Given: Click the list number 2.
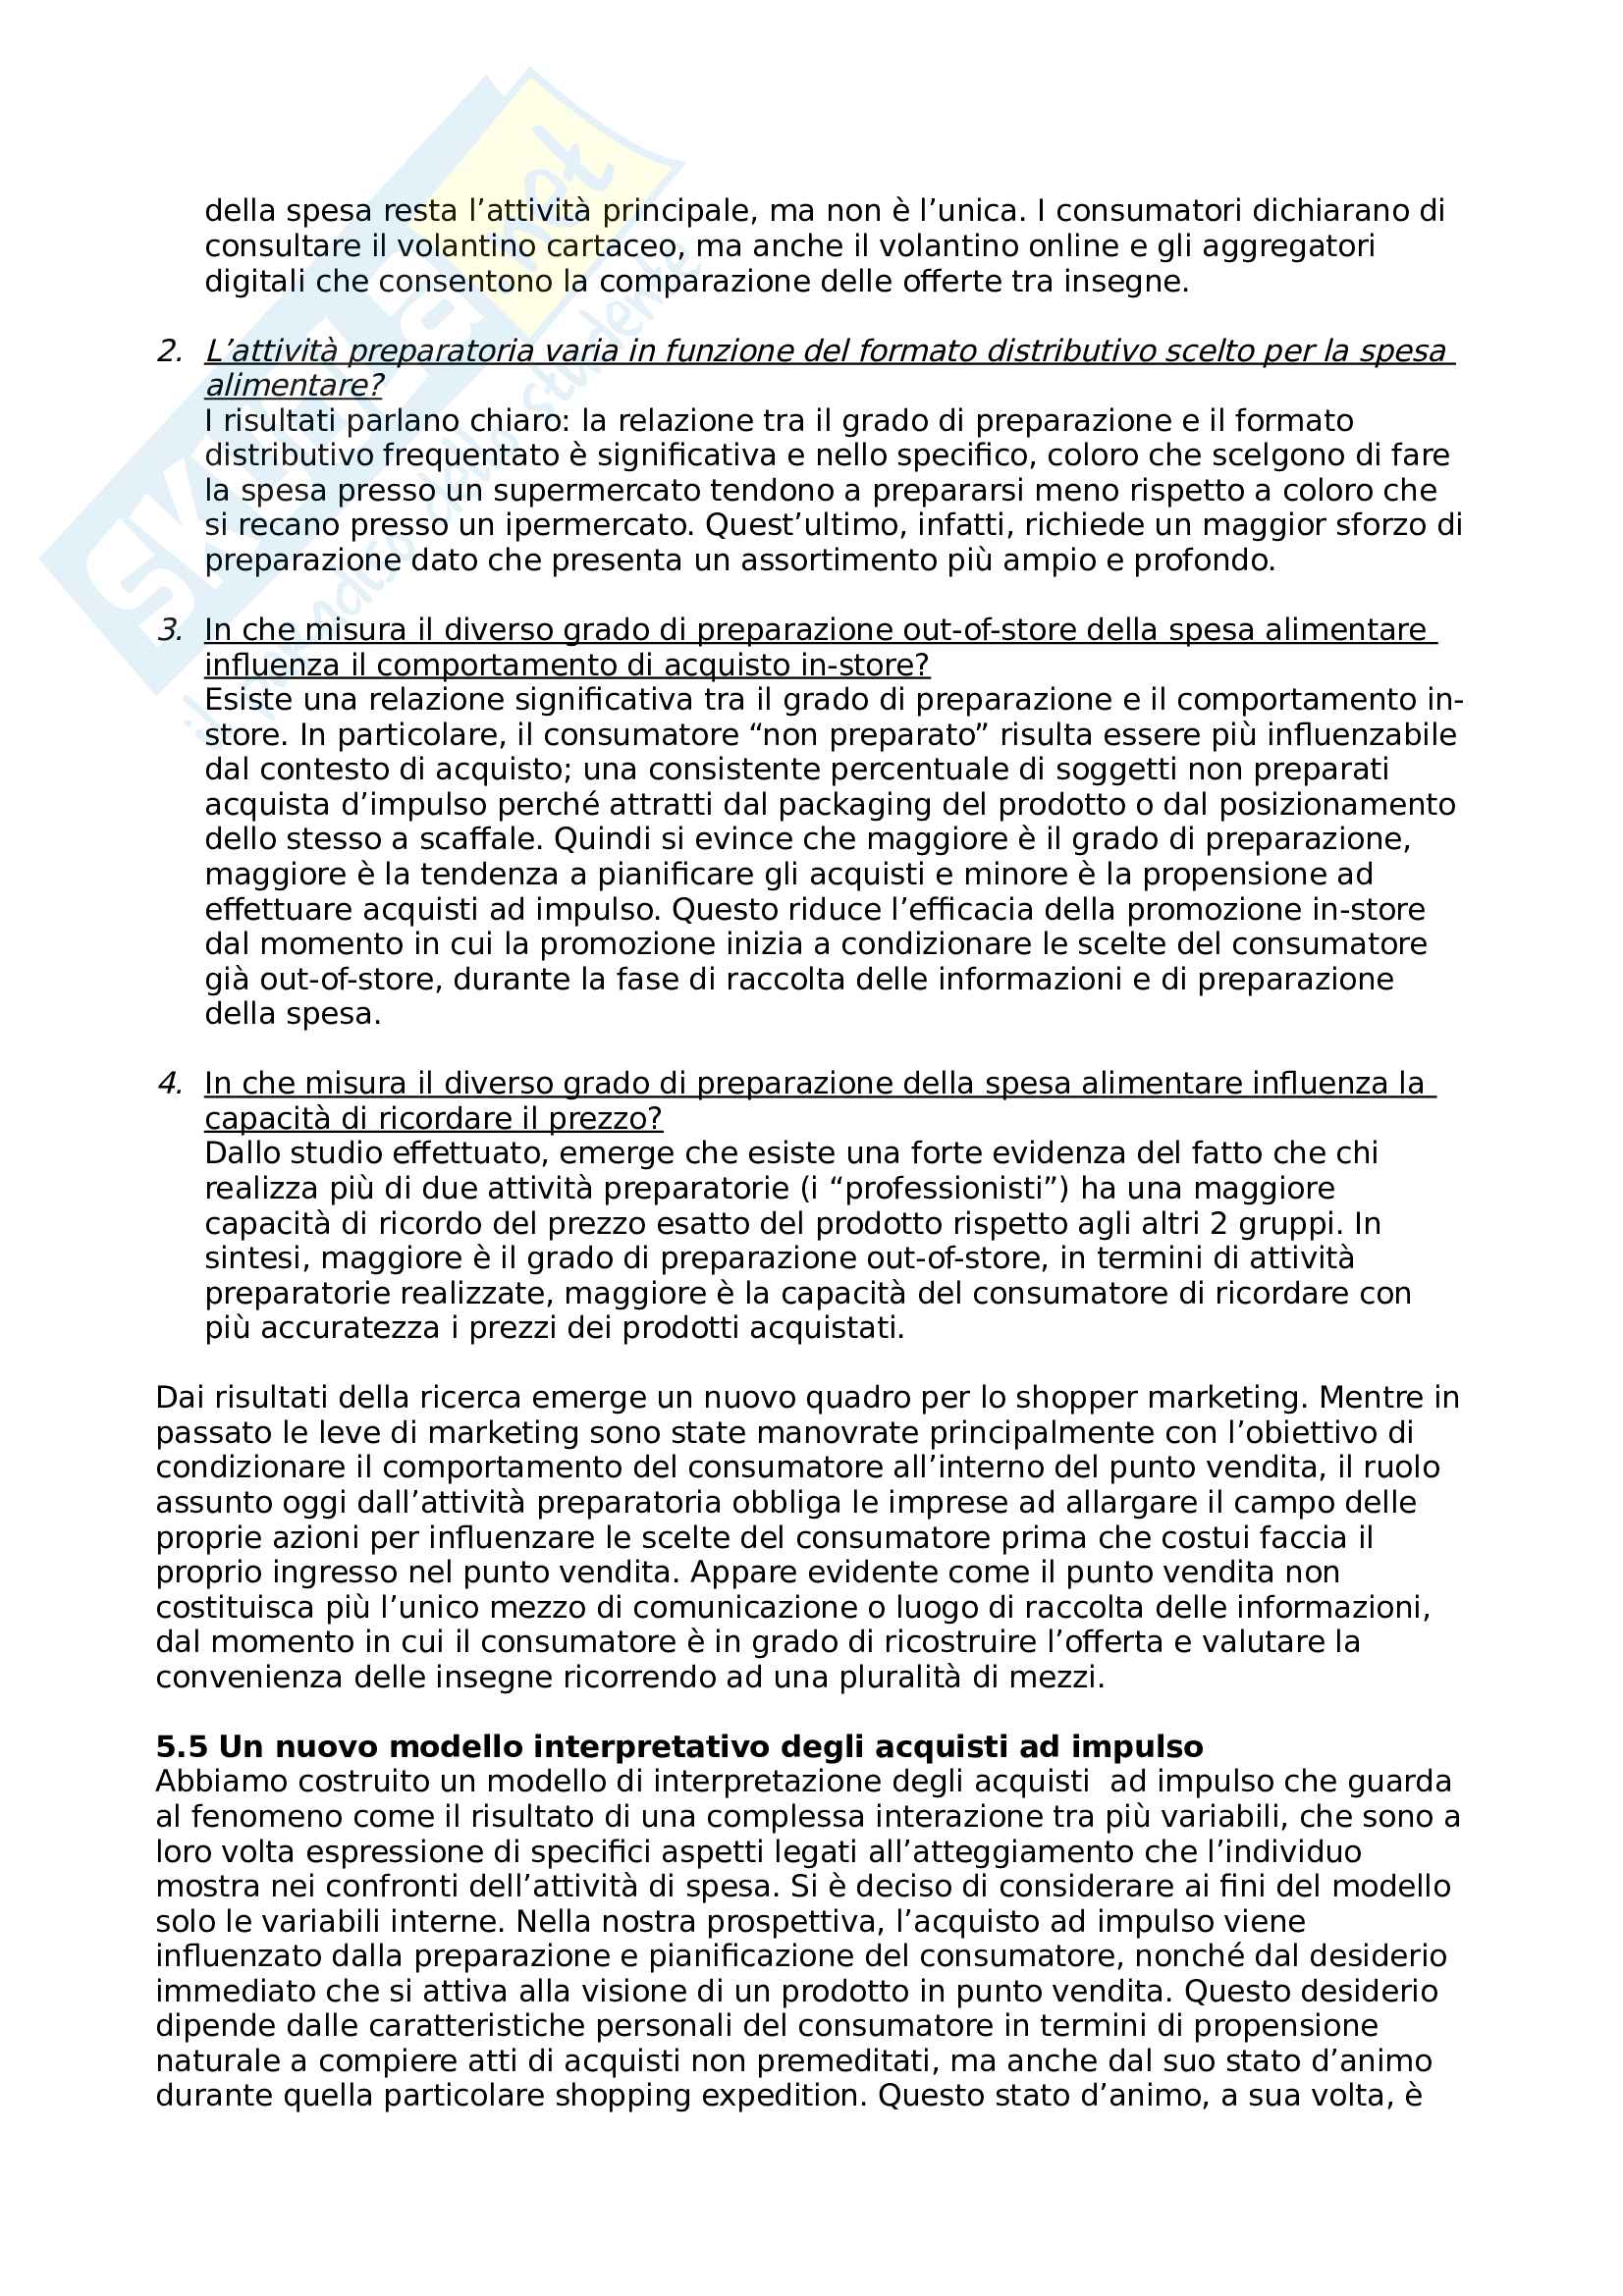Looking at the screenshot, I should pyautogui.click(x=169, y=351).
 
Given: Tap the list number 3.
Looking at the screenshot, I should pyautogui.click(x=169, y=630).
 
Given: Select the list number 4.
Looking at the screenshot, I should pyautogui.click(x=169, y=1083).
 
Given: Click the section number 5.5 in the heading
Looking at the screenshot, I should pyautogui.click(x=181, y=1747).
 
